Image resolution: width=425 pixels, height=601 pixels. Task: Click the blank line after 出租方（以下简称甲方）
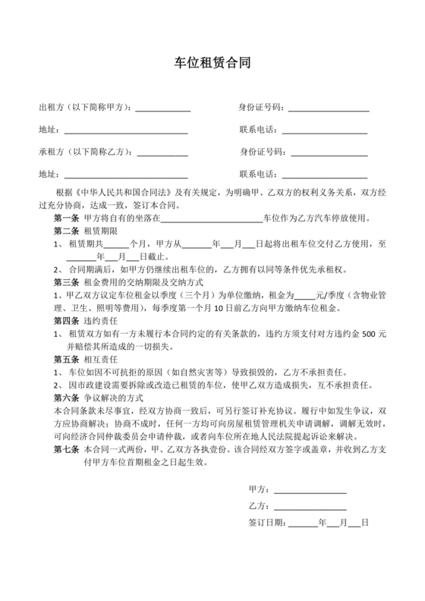tap(162, 110)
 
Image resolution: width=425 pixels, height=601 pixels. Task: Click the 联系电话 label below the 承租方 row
tap(258, 174)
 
